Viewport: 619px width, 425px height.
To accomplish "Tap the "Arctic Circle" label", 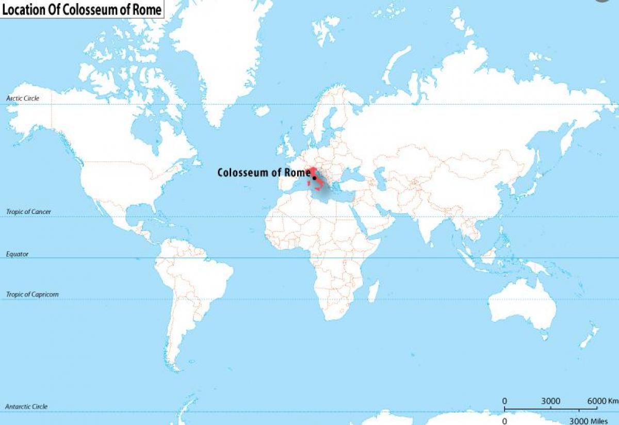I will tap(23, 98).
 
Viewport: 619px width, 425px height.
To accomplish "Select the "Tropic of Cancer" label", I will tap(28, 211).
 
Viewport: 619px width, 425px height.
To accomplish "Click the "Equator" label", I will tap(18, 254).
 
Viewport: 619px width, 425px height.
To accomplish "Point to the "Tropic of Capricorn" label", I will tap(32, 295).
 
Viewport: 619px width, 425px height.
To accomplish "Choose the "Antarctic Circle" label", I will tap(26, 406).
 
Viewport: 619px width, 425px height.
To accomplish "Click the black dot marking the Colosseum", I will tap(314, 178).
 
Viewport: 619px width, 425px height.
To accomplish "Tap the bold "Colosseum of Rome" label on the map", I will tap(264, 172).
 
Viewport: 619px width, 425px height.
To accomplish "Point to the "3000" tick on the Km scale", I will tap(550, 401).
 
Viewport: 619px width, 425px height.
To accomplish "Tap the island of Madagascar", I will tap(373, 291).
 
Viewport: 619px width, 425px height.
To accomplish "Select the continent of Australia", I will tap(521, 304).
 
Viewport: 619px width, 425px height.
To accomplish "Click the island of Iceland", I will tap(262, 110).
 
